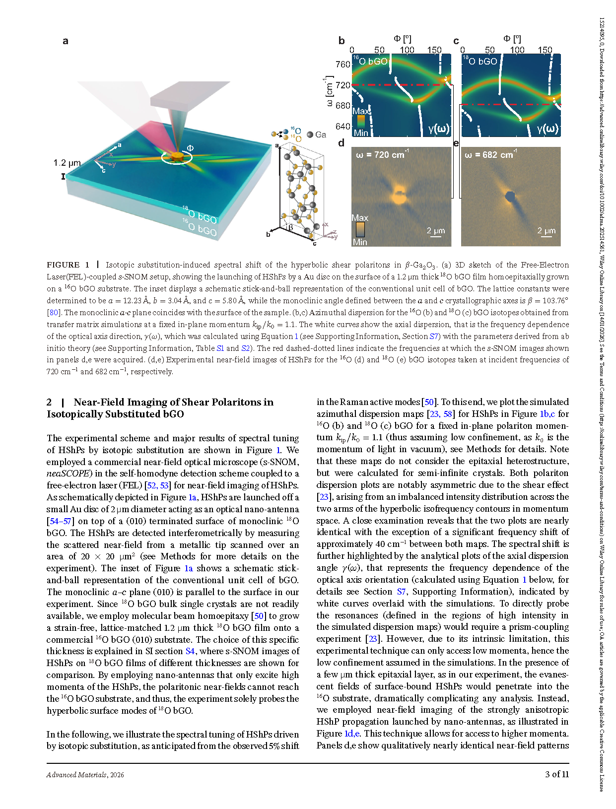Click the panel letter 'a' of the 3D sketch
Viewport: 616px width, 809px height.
pos(65,41)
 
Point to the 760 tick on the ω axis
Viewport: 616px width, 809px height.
pos(343,65)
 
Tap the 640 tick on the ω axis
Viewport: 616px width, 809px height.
pos(343,127)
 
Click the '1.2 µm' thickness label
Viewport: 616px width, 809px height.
pos(67,163)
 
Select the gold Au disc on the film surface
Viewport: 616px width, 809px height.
pos(177,157)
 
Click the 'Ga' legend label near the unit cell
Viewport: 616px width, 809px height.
pos(321,135)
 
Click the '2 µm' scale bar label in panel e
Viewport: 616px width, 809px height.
pos(546,230)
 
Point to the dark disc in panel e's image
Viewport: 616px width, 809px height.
pos(510,197)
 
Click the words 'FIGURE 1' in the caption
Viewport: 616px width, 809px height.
pos(68,265)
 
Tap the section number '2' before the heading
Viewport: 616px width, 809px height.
pos(49,402)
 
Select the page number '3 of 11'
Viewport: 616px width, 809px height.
pos(557,774)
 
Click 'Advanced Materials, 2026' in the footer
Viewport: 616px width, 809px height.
pos(85,775)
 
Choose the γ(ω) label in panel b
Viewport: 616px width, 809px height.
pos(439,129)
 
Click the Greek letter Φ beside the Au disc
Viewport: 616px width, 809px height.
pos(190,148)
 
